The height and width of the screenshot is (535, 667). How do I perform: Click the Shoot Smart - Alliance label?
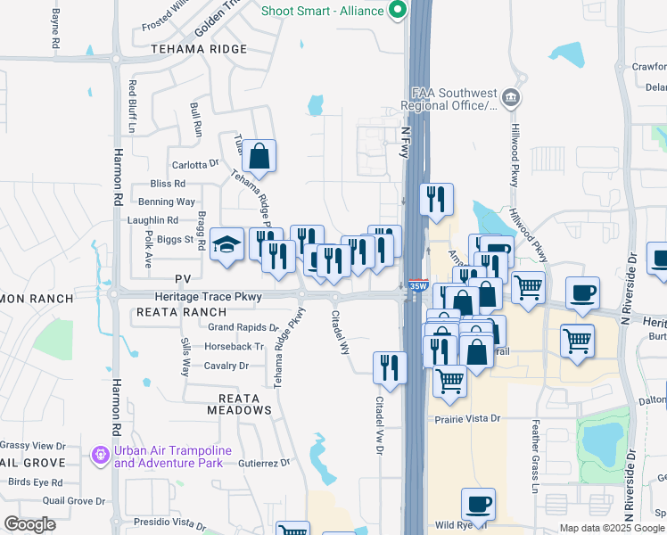[x=323, y=12]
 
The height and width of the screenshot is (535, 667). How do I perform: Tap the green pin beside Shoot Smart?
[x=397, y=11]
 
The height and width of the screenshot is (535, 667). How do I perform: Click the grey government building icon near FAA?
[x=510, y=96]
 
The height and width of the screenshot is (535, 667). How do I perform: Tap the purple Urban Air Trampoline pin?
[x=100, y=456]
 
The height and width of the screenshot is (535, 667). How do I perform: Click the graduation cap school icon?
[x=226, y=244]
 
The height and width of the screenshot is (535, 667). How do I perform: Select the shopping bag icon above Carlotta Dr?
[x=259, y=157]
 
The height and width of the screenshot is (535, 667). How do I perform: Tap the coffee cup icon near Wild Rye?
[x=478, y=504]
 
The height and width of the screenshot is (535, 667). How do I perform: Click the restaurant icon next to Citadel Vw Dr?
[x=390, y=366]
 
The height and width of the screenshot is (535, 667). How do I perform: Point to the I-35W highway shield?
[x=416, y=285]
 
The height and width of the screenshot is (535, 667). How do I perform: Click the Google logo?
[x=29, y=523]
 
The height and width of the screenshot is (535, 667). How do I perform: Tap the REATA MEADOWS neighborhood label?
[x=239, y=404]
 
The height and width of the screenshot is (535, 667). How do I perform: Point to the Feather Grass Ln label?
[x=536, y=468]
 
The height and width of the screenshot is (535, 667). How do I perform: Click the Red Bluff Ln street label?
[x=131, y=106]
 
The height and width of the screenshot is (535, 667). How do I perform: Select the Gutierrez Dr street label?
[x=265, y=463]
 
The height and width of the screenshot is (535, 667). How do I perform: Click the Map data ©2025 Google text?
[x=612, y=528]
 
